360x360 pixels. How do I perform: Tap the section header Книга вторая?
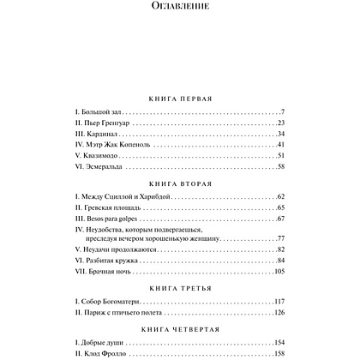coord(180,183)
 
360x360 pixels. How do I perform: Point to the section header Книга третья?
coord(180,290)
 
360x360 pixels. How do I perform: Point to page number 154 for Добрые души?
coord(277,340)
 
